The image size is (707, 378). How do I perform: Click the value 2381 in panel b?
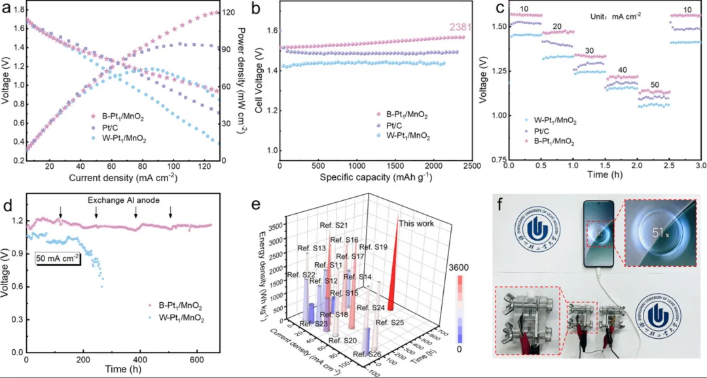(461, 27)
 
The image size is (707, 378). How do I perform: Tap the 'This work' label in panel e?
(416, 224)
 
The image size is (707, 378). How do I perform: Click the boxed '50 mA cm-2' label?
(58, 257)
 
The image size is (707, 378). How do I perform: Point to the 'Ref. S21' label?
(333, 226)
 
